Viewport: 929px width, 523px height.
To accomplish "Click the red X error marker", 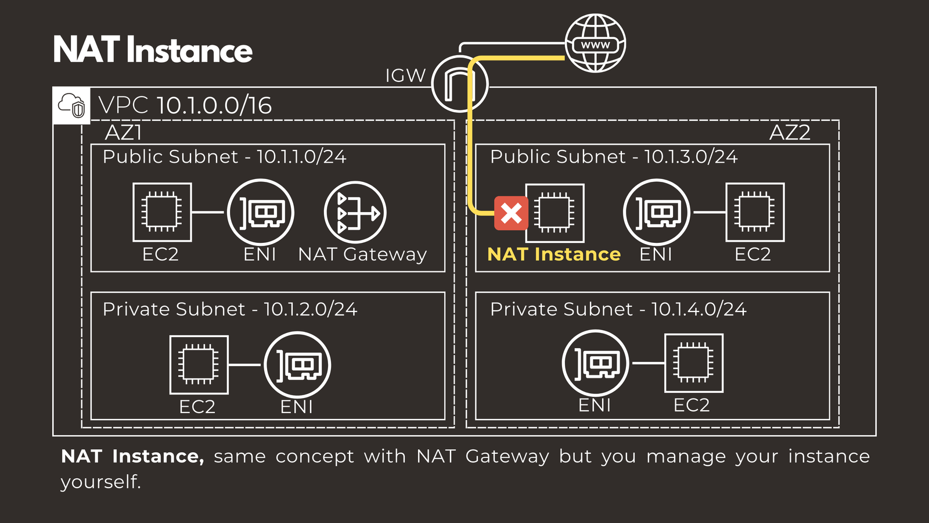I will [x=511, y=213].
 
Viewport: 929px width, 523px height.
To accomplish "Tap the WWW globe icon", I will [x=595, y=44].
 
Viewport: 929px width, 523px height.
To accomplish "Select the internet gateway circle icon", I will [x=460, y=84].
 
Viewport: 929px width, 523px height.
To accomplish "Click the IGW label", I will [x=405, y=76].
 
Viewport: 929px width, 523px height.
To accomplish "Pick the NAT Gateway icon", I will [x=355, y=213].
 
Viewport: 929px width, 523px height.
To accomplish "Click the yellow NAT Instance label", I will [x=554, y=254].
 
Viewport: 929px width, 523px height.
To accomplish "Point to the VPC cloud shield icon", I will [x=71, y=106].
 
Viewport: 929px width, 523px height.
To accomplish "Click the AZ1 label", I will [x=123, y=132].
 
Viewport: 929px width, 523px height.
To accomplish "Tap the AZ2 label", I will [x=789, y=132].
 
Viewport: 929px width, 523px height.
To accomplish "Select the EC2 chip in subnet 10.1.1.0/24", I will [x=162, y=212].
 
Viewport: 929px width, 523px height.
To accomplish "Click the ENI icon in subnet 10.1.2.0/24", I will [x=297, y=365].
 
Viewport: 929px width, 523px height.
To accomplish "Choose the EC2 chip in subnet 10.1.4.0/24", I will [x=693, y=363].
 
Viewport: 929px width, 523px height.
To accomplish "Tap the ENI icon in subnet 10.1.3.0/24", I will [x=656, y=212].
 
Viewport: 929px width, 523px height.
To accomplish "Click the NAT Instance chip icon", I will [x=554, y=213].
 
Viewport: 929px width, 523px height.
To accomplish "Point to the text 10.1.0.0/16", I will [x=214, y=105].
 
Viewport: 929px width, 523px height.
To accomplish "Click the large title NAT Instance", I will [x=153, y=50].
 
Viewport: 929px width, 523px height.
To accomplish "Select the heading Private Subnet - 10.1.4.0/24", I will [x=618, y=309].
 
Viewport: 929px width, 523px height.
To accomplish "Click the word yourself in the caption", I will [x=100, y=482].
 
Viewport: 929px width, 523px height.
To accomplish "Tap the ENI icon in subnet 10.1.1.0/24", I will [x=261, y=212].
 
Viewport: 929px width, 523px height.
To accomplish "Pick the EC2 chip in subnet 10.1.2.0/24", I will [x=199, y=365].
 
